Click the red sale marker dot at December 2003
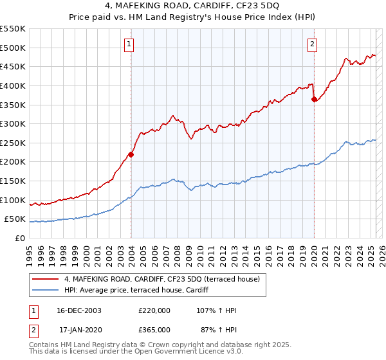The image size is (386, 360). (131, 154)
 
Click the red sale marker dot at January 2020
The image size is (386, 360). (314, 99)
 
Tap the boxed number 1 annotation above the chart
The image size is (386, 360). (129, 44)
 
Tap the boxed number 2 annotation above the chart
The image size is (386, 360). (312, 44)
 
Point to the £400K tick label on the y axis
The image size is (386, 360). (13, 85)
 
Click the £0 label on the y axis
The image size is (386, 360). (19, 238)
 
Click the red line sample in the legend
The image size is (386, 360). (46, 279)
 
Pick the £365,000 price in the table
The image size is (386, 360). (154, 329)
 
